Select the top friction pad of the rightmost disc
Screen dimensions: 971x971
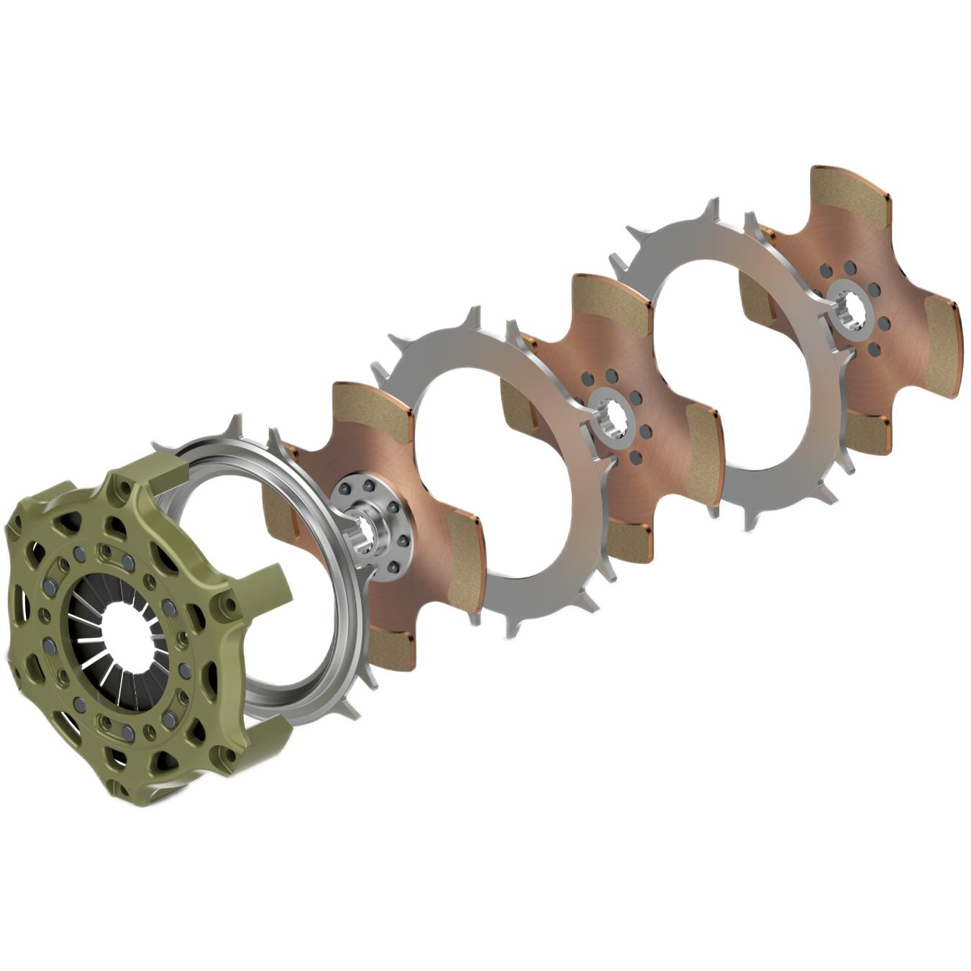point(848,192)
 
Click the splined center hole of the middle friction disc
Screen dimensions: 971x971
point(611,416)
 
